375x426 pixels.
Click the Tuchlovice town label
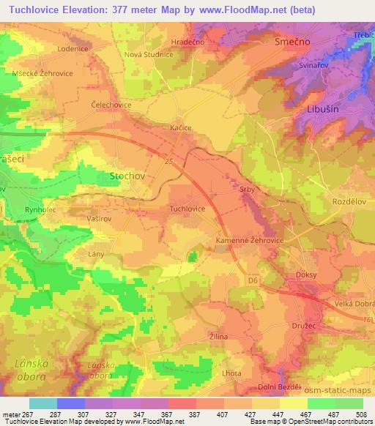pos(187,209)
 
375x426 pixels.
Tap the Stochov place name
pos(127,176)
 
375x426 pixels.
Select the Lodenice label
pos(73,48)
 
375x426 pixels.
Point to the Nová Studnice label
pos(127,54)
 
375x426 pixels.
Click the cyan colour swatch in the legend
pos(43,403)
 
